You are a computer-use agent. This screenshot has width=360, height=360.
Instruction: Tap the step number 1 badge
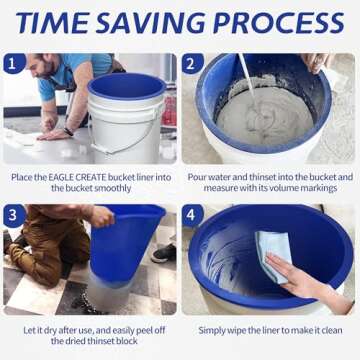(x=15, y=65)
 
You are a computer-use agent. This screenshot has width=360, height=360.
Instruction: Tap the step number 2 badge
(x=194, y=65)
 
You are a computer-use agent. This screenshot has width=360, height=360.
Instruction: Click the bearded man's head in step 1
(x=45, y=70)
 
